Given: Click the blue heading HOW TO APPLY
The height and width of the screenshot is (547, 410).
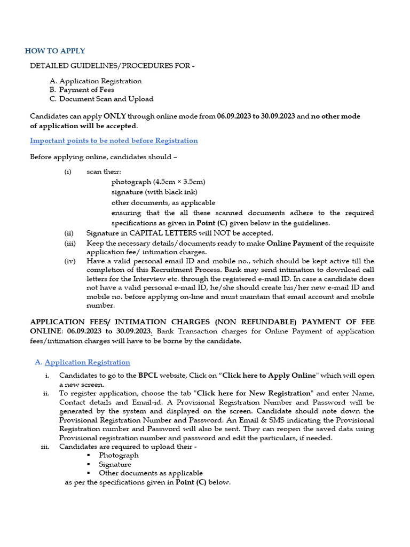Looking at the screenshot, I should [55, 51].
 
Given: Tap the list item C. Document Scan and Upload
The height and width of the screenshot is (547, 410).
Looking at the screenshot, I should [101, 99].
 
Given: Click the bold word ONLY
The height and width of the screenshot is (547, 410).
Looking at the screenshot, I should [115, 116].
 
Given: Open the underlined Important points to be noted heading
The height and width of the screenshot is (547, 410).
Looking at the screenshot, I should [114, 140].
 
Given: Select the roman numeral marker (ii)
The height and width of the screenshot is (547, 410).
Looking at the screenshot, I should [69, 233].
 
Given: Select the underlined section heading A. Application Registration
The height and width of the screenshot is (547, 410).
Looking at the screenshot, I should [82, 362].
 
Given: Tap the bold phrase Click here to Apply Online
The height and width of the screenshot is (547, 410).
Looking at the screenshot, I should [270, 376].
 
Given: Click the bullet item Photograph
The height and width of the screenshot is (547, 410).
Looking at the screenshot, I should [119, 455].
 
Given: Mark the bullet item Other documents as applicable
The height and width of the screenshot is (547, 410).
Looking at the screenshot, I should [151, 473].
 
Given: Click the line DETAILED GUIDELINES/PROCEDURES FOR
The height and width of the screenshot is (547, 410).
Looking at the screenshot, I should [112, 66].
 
